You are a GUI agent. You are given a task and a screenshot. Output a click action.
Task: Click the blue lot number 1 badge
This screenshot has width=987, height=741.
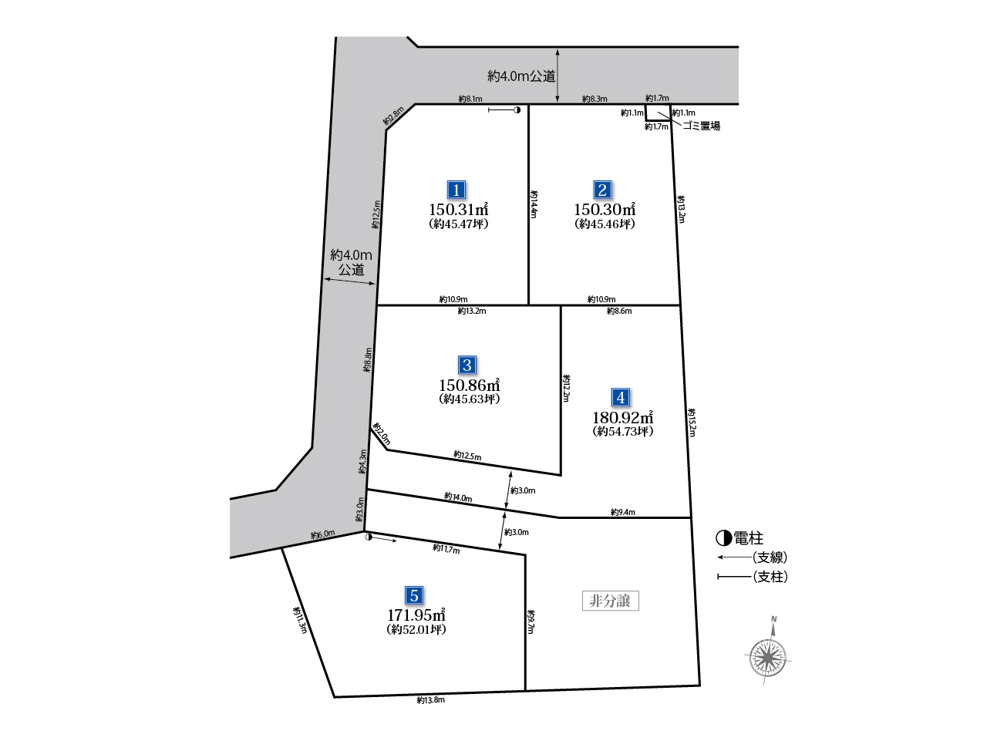(x=456, y=190)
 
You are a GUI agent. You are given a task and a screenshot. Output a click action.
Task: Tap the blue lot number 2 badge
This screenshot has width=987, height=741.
(x=602, y=190)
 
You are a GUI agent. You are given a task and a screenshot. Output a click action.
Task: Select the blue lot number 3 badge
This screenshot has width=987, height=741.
(x=467, y=365)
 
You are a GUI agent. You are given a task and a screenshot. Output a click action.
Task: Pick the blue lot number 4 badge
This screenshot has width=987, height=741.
(x=621, y=397)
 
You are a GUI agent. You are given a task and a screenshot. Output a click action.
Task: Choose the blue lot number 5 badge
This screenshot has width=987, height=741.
(x=413, y=595)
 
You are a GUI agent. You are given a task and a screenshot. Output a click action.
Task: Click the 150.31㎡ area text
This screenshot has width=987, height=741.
(x=459, y=209)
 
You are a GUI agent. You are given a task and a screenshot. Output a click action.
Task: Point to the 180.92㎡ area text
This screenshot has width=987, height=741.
(x=623, y=417)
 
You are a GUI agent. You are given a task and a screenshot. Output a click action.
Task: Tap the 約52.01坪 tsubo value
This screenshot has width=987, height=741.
(x=416, y=629)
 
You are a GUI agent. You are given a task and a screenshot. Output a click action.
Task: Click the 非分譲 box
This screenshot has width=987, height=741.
(x=610, y=601)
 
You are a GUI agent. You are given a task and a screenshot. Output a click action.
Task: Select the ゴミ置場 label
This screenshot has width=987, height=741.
(x=702, y=126)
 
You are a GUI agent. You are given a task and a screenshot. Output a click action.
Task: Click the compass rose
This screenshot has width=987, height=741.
(x=767, y=657)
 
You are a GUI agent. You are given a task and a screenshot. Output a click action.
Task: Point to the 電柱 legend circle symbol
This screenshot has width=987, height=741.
(x=723, y=537)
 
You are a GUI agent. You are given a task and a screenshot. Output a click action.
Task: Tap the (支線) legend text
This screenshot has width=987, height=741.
(x=770, y=557)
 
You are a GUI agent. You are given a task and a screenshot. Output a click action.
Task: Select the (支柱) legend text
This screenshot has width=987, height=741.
(x=770, y=577)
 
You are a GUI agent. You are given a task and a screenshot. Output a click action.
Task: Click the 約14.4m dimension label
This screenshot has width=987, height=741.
(x=534, y=204)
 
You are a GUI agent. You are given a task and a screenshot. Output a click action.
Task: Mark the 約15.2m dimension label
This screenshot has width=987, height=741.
(x=692, y=423)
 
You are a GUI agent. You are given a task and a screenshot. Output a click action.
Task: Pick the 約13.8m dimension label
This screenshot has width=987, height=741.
(x=430, y=700)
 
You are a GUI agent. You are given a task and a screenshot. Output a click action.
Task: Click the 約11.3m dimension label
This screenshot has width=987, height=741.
(x=300, y=620)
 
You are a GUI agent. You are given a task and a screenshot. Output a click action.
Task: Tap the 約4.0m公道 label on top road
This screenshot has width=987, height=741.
(x=521, y=76)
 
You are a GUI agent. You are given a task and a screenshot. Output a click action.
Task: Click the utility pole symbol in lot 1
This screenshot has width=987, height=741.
(x=517, y=109)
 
